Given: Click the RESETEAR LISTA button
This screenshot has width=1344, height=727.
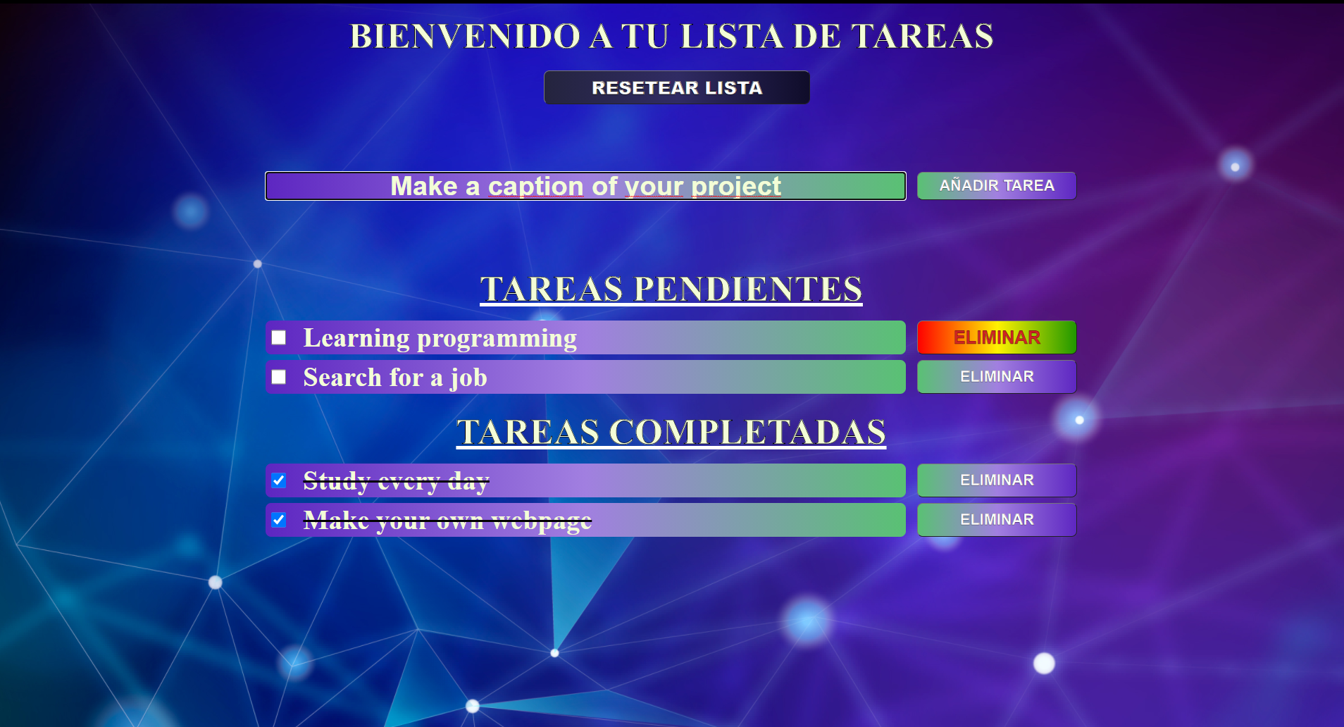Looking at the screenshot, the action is [676, 87].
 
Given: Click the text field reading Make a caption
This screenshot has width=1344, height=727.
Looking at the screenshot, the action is [585, 186].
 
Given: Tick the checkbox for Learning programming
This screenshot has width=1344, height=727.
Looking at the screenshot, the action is [279, 338].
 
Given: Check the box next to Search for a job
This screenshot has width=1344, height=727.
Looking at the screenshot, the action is [279, 378].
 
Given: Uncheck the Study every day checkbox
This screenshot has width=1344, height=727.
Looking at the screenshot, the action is [279, 480].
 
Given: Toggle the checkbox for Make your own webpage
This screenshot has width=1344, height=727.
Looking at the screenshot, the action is [279, 520].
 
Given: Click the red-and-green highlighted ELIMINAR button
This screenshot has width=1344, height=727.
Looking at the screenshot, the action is [997, 337].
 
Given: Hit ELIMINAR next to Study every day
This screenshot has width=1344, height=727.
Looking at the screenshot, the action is [997, 480].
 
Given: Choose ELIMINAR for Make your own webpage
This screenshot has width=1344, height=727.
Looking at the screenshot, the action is [997, 520].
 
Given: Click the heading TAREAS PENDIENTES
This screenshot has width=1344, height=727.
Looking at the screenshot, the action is [671, 289].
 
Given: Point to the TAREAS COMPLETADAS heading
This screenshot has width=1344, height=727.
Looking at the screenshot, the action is [671, 432].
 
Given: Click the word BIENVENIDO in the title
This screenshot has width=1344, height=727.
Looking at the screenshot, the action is [465, 36].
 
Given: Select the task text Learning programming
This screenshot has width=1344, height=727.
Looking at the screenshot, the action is [440, 338].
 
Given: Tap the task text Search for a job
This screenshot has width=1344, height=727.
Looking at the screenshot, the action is [395, 378].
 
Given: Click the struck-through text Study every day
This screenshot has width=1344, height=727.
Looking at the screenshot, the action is [396, 481].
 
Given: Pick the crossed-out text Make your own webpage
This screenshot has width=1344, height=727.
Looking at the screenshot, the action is [447, 521].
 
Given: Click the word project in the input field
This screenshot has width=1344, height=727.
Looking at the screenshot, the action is [736, 187].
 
